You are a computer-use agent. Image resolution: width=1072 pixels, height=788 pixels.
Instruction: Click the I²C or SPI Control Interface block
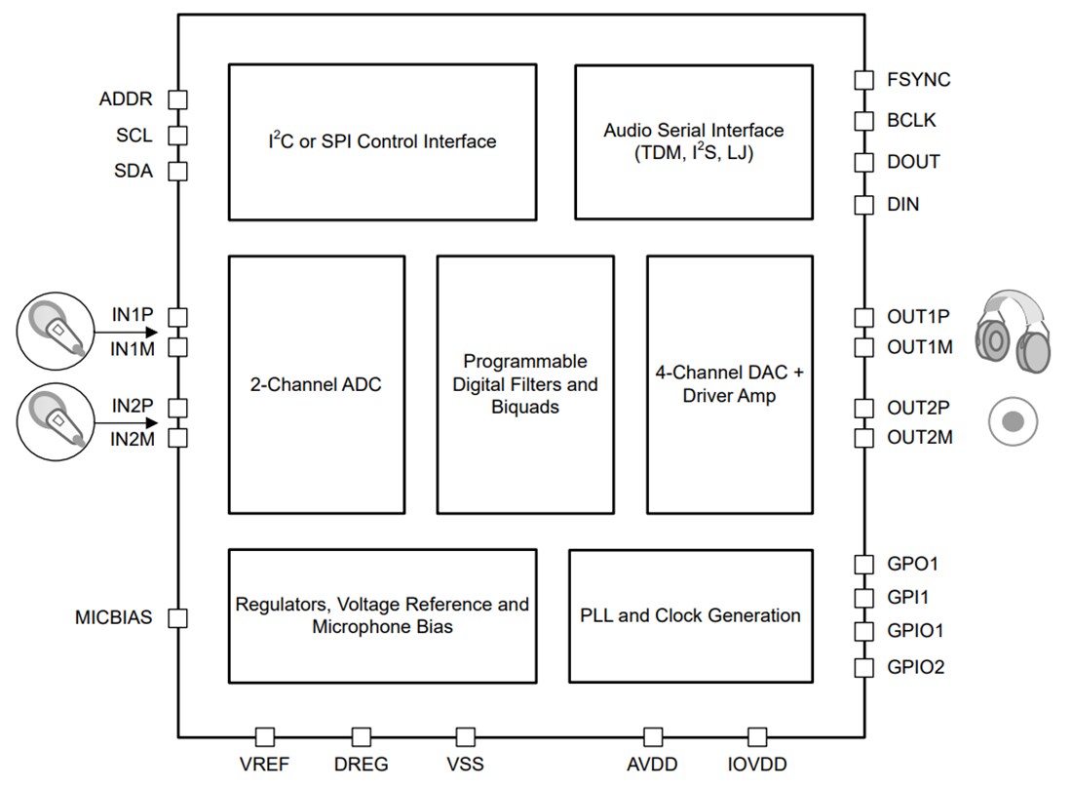point(382,141)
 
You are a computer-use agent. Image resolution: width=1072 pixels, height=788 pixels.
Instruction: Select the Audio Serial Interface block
point(693,141)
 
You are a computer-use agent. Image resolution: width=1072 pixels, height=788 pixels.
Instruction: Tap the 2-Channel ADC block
point(316,384)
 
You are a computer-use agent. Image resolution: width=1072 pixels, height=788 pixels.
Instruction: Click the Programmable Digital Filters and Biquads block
point(525,384)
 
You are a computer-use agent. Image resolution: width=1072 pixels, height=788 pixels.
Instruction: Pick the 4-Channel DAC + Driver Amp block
point(729,384)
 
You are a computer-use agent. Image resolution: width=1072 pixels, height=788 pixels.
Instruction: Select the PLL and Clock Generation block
point(690,615)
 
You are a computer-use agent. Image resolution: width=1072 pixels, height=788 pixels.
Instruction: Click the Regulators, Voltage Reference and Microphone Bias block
point(382,615)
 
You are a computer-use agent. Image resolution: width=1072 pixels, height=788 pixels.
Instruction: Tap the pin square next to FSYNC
point(863,80)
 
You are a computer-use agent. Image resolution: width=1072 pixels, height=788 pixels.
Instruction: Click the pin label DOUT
point(913,162)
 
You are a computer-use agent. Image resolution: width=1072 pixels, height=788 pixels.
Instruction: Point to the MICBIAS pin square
point(177,617)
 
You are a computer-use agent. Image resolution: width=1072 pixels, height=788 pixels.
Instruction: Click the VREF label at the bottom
point(264,765)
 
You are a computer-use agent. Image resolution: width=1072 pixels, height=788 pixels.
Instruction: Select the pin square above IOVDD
point(757,736)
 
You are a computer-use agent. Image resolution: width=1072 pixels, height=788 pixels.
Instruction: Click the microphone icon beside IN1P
point(54,332)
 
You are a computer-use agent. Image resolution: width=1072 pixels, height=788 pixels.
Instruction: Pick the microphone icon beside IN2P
point(54,421)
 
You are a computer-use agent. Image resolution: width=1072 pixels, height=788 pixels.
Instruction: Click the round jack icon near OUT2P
point(1013,421)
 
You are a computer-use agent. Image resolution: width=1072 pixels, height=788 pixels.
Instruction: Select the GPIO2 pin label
point(915,668)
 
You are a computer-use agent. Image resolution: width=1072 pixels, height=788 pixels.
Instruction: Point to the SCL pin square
point(177,135)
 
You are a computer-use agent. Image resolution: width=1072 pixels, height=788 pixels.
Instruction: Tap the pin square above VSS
point(466,736)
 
